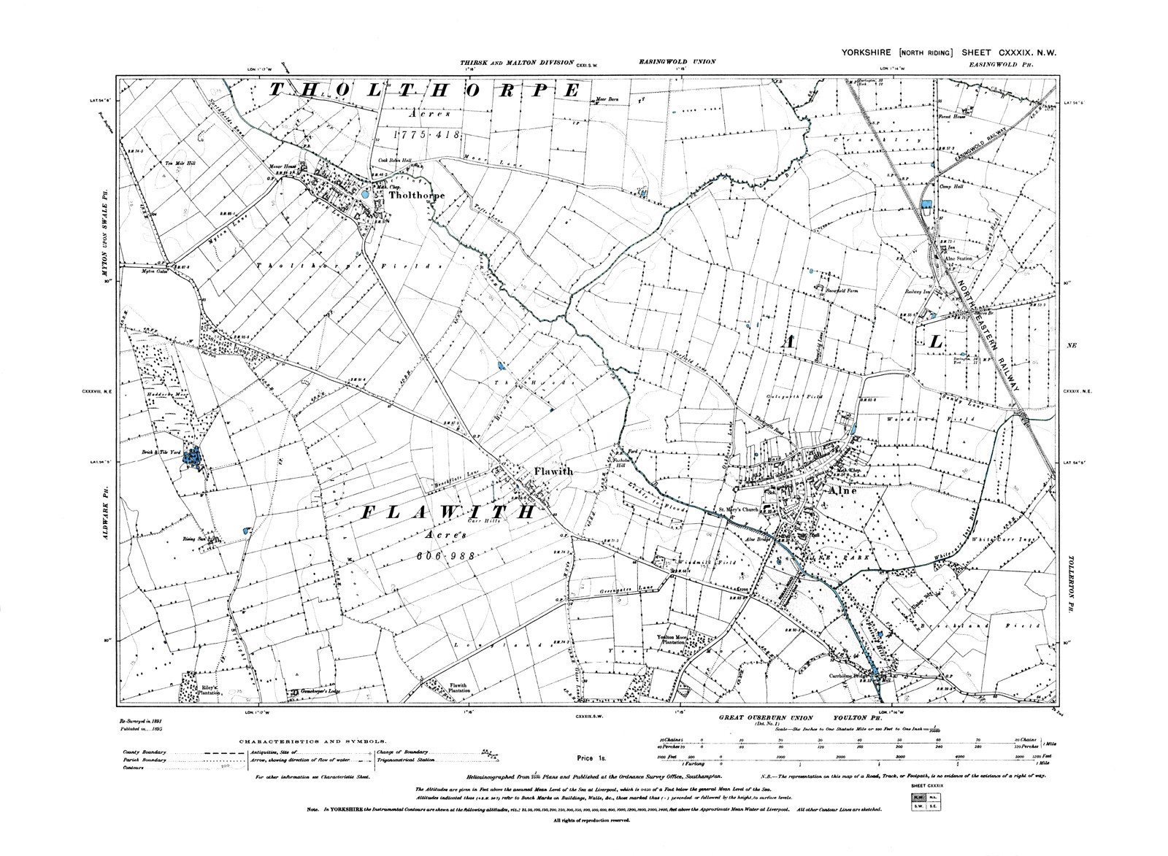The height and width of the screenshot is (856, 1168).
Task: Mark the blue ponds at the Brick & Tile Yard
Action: [192, 458]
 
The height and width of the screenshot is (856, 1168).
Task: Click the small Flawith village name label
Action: [553, 471]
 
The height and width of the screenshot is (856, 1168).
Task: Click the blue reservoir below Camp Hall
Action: [927, 207]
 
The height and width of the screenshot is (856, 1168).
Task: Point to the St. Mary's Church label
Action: [738, 509]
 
